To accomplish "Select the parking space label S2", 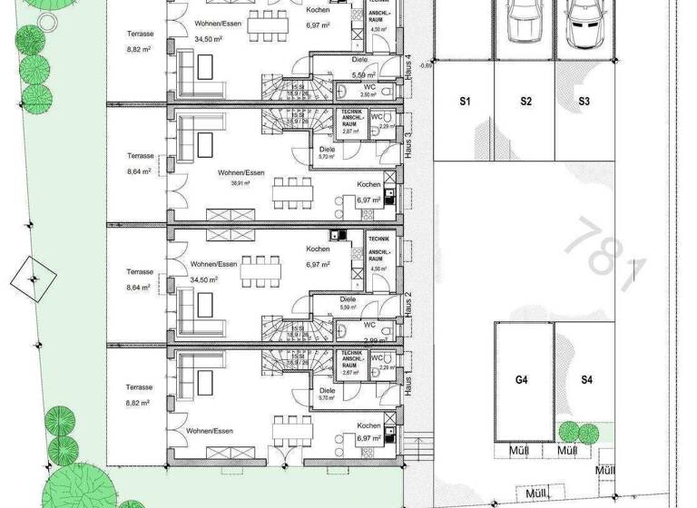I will point(525,103).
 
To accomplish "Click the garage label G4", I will point(522,380).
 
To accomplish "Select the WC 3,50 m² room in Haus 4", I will point(368,91).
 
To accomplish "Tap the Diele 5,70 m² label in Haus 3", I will point(327,152).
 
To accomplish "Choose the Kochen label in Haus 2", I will point(318,249).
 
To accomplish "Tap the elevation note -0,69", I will point(424,65).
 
